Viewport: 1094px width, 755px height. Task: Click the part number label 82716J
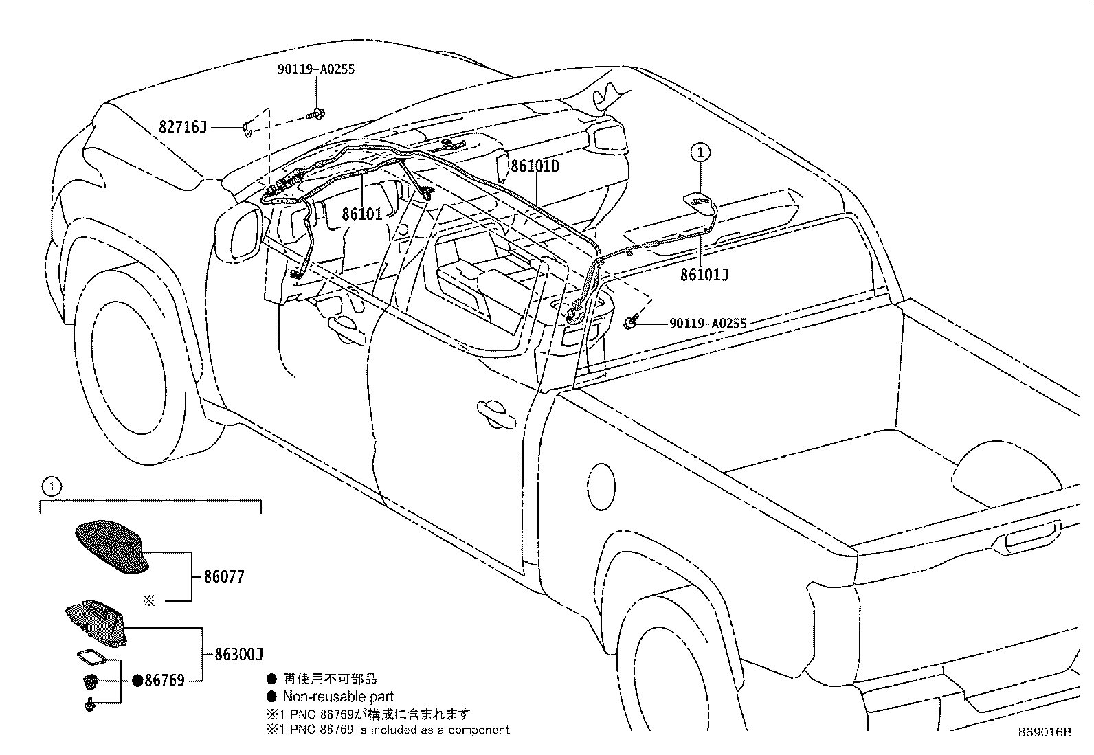click(x=182, y=127)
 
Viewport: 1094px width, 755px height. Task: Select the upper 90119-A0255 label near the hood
click(x=316, y=69)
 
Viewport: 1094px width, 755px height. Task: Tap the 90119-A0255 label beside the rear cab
click(x=708, y=323)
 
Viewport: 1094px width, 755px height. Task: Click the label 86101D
click(x=535, y=166)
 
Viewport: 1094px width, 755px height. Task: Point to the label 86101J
click(x=704, y=275)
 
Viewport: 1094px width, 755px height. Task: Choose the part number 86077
click(x=224, y=576)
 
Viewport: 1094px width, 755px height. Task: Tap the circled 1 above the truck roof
click(x=701, y=152)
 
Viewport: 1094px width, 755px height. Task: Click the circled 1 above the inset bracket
click(x=52, y=487)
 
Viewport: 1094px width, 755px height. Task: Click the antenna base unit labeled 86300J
click(x=96, y=621)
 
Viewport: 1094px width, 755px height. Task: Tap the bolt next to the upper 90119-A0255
click(x=317, y=113)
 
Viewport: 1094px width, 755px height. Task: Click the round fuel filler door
click(x=601, y=486)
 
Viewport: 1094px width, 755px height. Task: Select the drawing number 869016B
click(x=1045, y=732)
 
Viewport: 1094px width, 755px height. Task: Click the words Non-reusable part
click(x=338, y=696)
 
